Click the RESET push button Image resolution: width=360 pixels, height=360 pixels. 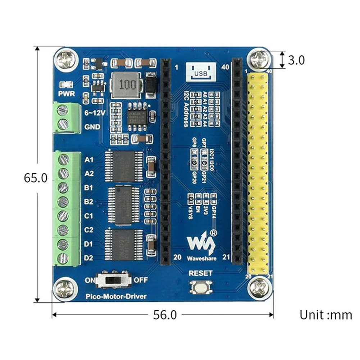pos(201,287)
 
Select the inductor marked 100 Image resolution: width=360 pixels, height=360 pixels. pos(124,85)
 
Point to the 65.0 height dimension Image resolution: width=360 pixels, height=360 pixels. pos(36,178)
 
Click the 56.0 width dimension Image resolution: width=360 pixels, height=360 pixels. pos(165,315)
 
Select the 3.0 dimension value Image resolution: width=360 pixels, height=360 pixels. pos(296,60)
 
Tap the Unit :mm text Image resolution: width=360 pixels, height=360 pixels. pos(325,315)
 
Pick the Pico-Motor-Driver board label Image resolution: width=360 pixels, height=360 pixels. pos(116,297)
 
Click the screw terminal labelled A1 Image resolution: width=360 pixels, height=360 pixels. pos(64,159)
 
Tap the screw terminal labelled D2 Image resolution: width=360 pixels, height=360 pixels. pos(64,258)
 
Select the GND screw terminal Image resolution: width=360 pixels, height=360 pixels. pos(64,124)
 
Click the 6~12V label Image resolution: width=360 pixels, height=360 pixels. pos(94,113)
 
